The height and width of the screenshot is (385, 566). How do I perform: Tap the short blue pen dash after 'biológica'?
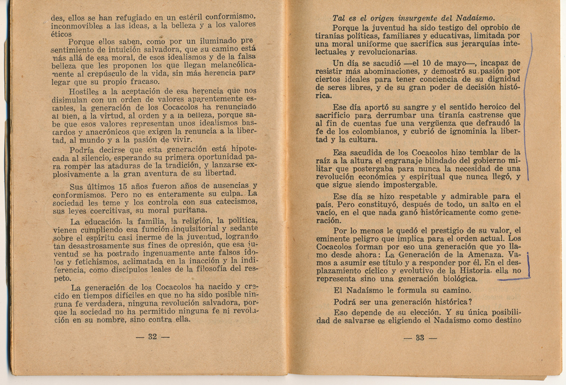click(x=513, y=279)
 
